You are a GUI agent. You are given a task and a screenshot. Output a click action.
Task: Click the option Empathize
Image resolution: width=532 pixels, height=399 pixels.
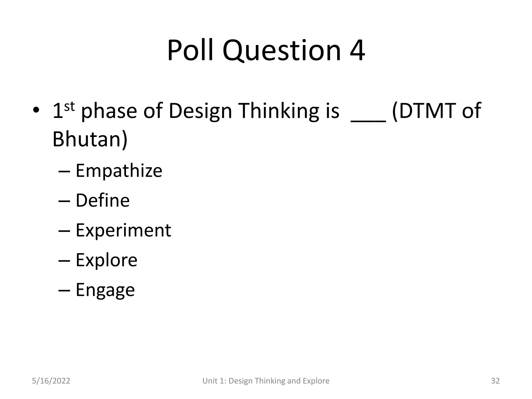[119, 171]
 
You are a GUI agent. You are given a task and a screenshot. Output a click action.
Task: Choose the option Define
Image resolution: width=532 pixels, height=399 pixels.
[102, 201]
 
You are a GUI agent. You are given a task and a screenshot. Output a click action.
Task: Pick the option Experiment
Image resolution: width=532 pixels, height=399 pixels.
[123, 230]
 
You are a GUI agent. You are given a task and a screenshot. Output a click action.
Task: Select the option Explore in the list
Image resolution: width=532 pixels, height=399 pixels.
[106, 260]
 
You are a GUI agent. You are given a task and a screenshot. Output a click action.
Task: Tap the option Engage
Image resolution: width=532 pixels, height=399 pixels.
[105, 290]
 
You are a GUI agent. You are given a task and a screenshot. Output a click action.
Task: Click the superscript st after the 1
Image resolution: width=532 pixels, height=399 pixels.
[69, 107]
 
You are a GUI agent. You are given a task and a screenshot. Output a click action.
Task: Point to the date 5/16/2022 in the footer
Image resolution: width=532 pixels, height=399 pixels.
[51, 381]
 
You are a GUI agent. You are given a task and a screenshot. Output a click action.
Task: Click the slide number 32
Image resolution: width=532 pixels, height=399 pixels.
[495, 381]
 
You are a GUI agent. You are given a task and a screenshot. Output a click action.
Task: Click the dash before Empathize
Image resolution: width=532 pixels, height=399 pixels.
[64, 171]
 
